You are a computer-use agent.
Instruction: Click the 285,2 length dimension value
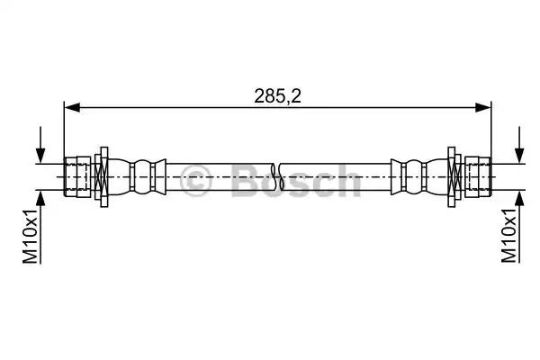277,96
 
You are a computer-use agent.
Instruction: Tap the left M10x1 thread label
31,236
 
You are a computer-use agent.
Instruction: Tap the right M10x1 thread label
509,235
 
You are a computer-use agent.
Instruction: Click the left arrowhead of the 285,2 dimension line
72,107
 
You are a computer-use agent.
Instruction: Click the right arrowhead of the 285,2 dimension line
482,107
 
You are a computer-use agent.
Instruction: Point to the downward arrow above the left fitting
40,145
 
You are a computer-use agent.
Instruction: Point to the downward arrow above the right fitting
519,145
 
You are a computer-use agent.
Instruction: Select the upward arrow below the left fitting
40,228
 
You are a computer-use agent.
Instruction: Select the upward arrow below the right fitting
519,228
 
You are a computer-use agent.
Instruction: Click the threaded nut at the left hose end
77,176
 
